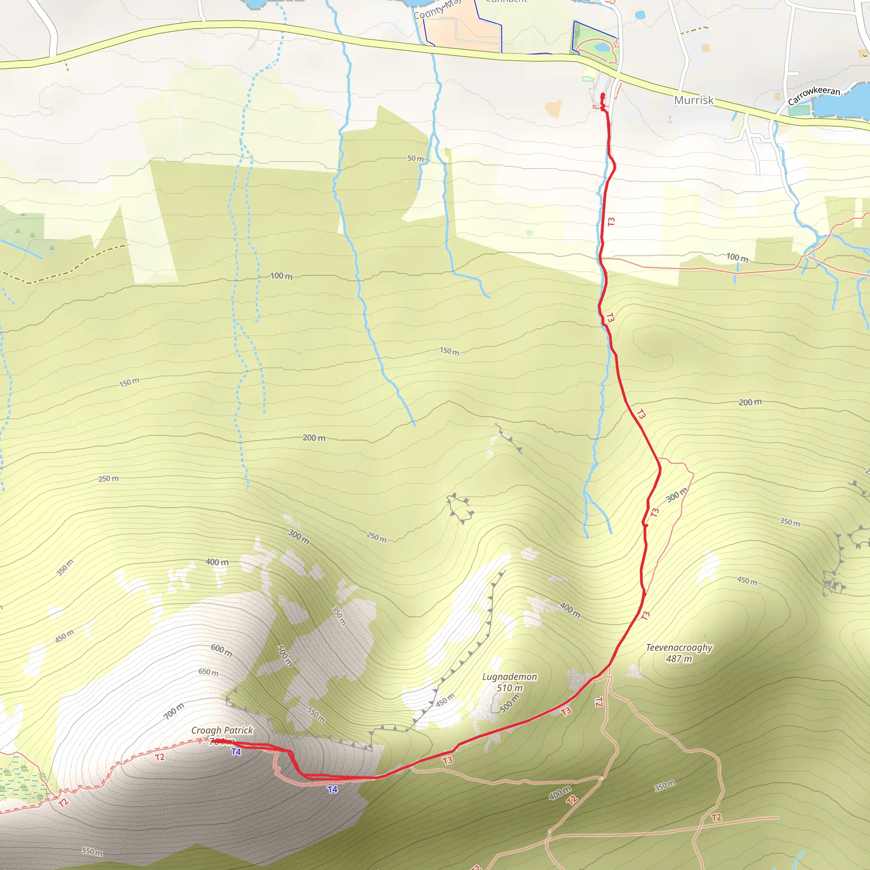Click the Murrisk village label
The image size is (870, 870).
693,100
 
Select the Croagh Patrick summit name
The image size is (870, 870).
222,730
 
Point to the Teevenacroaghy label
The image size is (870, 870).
679,647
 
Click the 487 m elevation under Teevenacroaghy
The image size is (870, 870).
679,659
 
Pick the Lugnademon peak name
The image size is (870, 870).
509,677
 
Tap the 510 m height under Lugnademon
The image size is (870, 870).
509,688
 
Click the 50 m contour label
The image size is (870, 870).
415,158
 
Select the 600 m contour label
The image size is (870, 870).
222,650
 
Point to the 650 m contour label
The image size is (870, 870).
209,672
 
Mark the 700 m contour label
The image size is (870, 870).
173,711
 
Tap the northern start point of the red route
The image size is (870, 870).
602,95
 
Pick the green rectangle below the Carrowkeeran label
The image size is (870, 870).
799,110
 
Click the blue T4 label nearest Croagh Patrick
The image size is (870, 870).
236,751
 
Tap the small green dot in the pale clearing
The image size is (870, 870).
529,233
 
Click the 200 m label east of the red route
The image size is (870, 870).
750,402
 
